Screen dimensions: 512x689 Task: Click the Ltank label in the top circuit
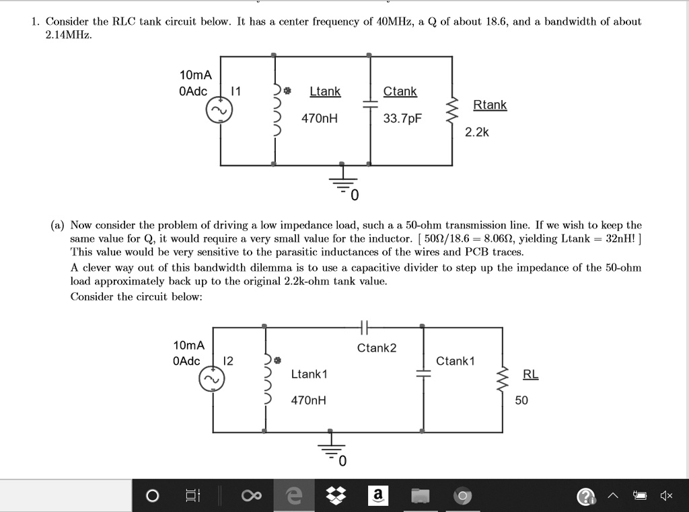(325, 91)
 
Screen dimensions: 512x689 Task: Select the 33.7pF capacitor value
(402, 119)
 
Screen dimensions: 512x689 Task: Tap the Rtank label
(490, 105)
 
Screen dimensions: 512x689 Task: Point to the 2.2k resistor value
(477, 132)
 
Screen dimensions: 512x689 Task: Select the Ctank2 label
(377, 348)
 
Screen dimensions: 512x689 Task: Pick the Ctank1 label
(456, 361)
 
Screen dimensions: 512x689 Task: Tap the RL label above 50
(530, 375)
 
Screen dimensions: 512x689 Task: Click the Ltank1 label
(309, 374)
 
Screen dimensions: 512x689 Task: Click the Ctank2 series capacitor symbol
(363, 327)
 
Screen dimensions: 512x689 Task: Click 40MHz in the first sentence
(388, 22)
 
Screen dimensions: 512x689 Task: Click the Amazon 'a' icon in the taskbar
(377, 496)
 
